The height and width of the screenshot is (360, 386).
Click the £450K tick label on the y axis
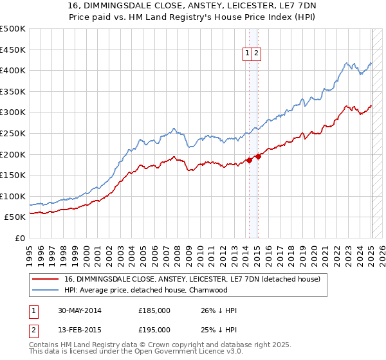coord(13,50)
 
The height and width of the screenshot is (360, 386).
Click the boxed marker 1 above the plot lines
coord(248,54)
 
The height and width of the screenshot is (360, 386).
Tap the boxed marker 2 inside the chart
coord(257,54)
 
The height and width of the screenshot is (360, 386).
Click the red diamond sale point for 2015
coord(257,156)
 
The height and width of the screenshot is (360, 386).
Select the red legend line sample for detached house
coord(45,280)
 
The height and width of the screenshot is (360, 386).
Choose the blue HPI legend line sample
coord(45,291)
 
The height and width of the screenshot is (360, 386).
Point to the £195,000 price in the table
coord(154,330)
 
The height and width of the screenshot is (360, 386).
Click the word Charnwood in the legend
coord(207,291)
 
